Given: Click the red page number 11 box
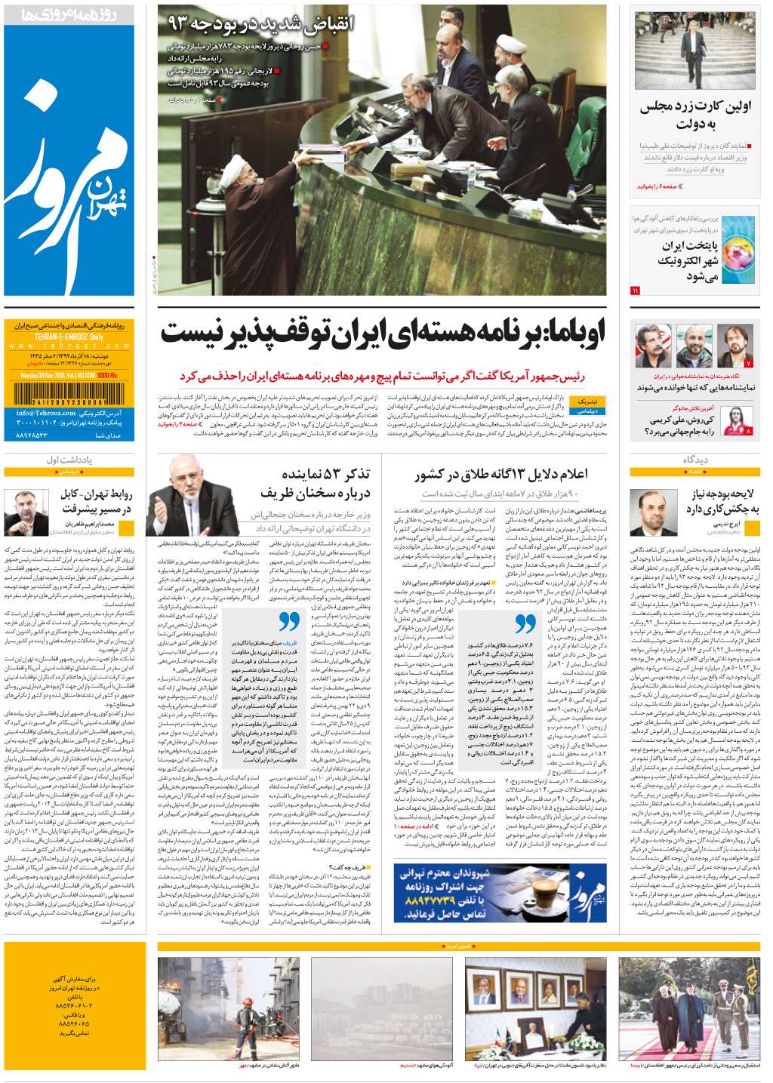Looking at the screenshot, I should click(635, 290).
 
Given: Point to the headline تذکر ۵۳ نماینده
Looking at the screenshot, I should click(326, 474).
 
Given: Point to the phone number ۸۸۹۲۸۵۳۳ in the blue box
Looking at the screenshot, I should click(46, 435).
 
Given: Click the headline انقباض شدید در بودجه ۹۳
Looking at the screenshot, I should click(260, 23).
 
